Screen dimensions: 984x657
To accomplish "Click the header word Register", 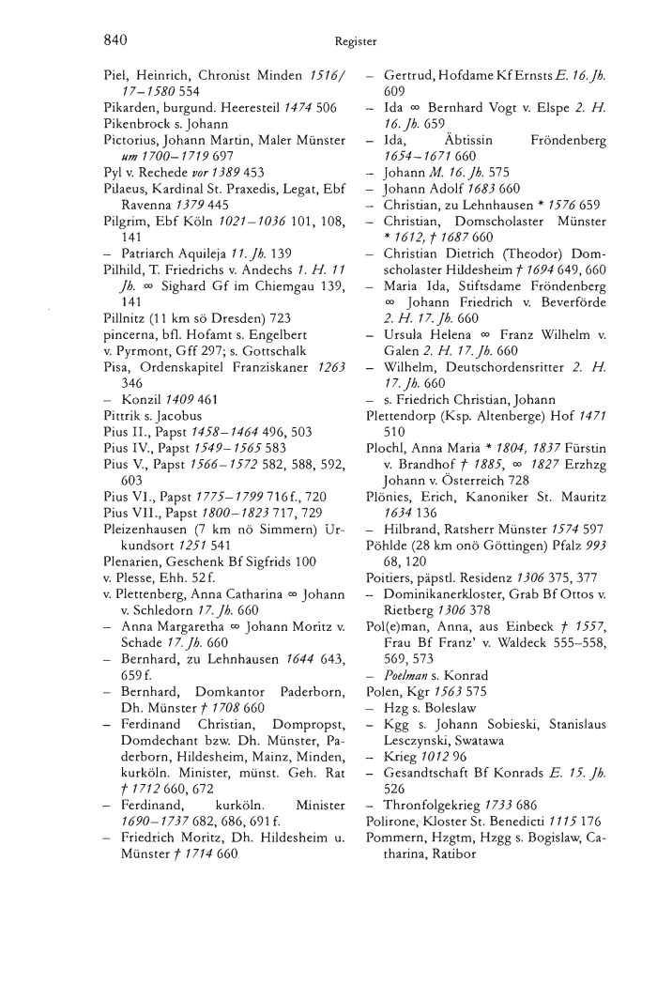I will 354,41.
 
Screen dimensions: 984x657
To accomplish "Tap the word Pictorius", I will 130,139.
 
